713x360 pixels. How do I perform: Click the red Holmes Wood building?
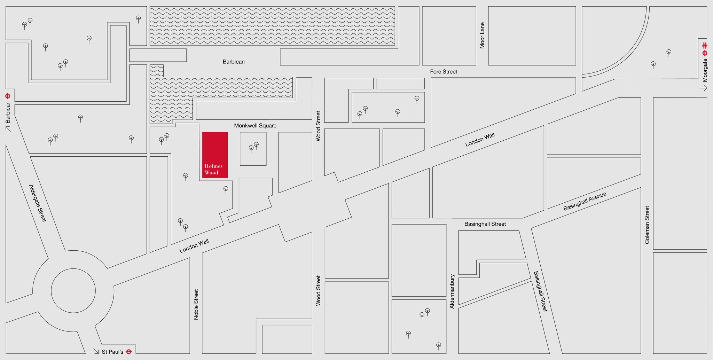pos(215,155)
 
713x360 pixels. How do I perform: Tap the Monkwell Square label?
pos(255,126)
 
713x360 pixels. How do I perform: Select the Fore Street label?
pos(444,72)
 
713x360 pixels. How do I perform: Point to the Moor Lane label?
pos(482,36)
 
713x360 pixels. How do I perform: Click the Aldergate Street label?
pos(37,203)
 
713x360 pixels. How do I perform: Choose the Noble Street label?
pos(196,304)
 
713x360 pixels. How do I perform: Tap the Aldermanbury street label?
pos(452,291)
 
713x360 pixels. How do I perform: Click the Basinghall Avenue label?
pos(585,201)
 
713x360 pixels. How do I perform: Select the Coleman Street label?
pos(647,225)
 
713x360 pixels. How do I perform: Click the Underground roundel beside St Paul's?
pos(128,352)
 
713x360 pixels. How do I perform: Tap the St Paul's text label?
pos(112,352)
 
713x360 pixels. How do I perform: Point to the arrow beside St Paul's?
pos(96,351)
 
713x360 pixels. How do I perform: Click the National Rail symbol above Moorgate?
pos(705,45)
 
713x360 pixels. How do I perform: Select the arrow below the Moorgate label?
pos(704,88)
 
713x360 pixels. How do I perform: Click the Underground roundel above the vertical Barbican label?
pos(8,96)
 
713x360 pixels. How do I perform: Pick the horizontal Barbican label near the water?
pos(234,62)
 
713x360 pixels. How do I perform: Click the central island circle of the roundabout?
pos(73,291)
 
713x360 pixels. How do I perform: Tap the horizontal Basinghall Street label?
pos(485,224)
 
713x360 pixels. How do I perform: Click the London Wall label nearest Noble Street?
pos(194,246)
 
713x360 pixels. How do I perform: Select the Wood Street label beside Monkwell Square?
pos(318,126)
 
